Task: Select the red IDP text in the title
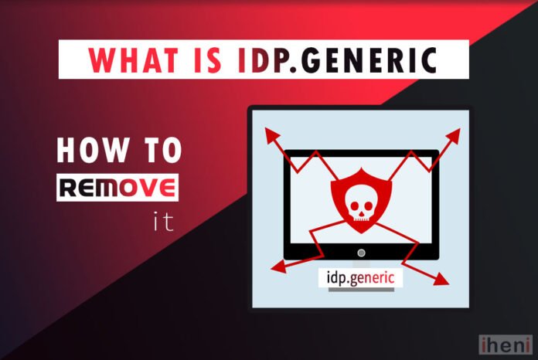258,59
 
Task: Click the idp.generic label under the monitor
360,277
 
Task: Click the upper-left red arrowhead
271,134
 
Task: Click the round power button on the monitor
360,253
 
